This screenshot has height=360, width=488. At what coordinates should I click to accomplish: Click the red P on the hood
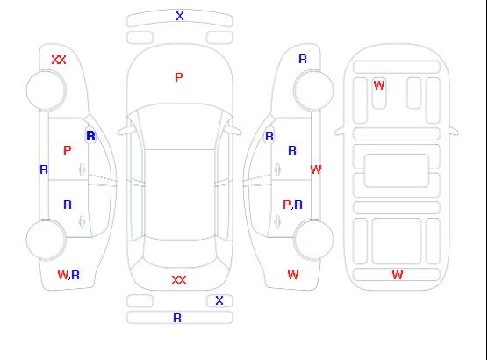(x=179, y=77)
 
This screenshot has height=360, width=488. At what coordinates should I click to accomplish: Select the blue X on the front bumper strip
(x=180, y=16)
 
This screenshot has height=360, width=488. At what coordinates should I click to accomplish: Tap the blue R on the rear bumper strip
(x=177, y=318)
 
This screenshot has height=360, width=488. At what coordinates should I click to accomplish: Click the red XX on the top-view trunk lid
(x=179, y=280)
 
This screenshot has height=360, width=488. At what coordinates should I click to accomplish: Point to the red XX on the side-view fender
(x=59, y=60)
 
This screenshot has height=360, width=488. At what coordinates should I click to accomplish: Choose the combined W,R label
(x=68, y=275)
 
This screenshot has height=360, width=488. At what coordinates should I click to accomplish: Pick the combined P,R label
(x=292, y=205)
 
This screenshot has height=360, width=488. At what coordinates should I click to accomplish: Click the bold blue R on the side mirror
(x=91, y=136)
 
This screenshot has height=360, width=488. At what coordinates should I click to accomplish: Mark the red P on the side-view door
(x=68, y=150)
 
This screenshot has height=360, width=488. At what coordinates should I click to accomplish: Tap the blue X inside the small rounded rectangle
(x=219, y=300)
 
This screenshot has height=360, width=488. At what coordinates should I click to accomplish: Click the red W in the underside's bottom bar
(x=398, y=275)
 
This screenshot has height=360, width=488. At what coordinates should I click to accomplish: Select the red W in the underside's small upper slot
(x=379, y=85)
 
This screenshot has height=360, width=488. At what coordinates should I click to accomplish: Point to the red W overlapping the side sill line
(x=316, y=169)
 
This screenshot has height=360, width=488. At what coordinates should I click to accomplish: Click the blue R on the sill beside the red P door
(x=44, y=169)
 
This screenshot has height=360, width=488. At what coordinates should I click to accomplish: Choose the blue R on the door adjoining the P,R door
(x=292, y=150)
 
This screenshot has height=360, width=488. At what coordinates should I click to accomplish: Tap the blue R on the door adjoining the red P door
(x=68, y=205)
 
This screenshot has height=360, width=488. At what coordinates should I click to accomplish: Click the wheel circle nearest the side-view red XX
(x=46, y=90)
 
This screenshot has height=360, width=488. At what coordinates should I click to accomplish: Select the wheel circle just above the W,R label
(x=46, y=240)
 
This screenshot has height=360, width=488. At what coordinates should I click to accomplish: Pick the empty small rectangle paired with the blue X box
(x=140, y=301)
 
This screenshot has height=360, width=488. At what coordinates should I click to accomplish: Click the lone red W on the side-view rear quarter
(x=293, y=275)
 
